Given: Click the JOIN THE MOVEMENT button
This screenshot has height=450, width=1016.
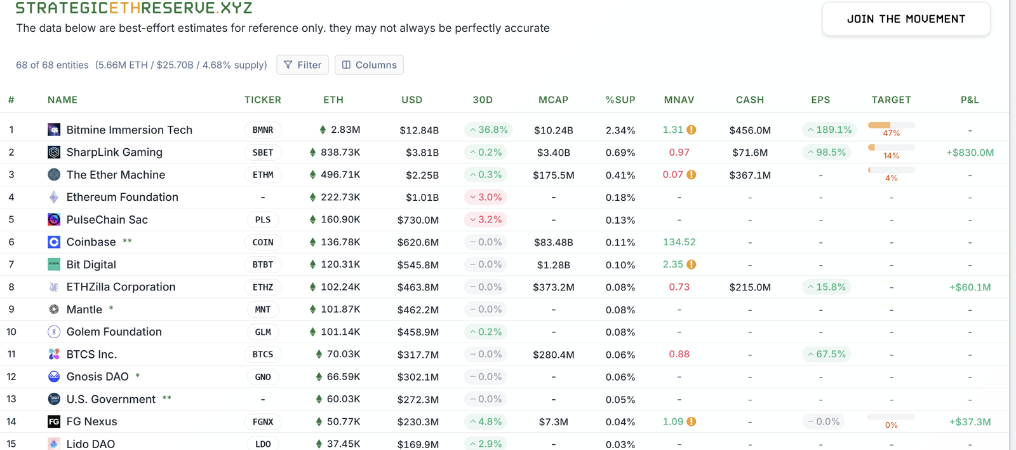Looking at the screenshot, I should pyautogui.click(x=906, y=19).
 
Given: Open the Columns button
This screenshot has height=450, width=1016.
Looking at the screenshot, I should pyautogui.click(x=369, y=65).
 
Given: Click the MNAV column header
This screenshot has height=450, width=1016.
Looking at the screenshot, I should pyautogui.click(x=679, y=100).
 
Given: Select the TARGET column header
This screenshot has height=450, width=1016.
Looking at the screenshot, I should pyautogui.click(x=891, y=100).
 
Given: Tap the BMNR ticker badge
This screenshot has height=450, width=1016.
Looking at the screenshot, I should pyautogui.click(x=263, y=130).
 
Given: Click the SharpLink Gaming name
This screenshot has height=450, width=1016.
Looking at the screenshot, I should pyautogui.click(x=114, y=153).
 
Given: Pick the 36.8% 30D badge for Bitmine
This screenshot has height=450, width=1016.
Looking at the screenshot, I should pyautogui.click(x=488, y=130).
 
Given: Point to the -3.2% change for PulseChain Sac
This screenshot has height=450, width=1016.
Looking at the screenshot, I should pyautogui.click(x=486, y=220).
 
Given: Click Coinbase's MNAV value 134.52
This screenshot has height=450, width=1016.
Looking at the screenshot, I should pyautogui.click(x=679, y=242).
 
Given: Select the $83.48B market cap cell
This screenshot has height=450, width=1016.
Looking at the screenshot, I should pyautogui.click(x=553, y=242).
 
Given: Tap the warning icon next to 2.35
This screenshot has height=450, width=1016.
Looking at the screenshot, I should pyautogui.click(x=692, y=264).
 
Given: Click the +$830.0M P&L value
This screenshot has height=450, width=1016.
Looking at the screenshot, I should pyautogui.click(x=970, y=153).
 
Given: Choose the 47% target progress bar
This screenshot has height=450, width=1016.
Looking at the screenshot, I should pyautogui.click(x=891, y=125).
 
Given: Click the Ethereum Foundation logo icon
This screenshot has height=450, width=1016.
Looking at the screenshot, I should pyautogui.click(x=54, y=197).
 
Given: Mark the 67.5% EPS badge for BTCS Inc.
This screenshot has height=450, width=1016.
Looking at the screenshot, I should pyautogui.click(x=827, y=354).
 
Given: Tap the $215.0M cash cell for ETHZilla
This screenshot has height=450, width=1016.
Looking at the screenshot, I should pyautogui.click(x=750, y=287).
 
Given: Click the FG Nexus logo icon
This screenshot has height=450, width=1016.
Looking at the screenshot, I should pyautogui.click(x=54, y=421).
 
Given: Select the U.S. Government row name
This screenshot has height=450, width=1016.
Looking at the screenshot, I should pyautogui.click(x=110, y=399).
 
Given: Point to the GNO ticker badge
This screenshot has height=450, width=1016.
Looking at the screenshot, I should pyautogui.click(x=263, y=377).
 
